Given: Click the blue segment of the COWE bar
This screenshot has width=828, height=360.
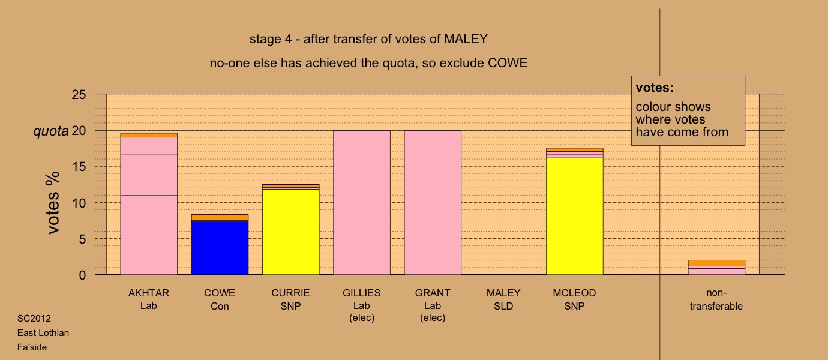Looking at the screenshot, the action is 220,248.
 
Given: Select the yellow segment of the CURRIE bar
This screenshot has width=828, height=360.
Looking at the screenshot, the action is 291,232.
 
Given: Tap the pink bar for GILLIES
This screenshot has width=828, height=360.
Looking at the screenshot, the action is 362,203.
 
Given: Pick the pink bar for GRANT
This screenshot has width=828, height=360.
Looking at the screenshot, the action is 433,203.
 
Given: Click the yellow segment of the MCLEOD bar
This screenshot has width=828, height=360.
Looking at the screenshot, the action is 575,216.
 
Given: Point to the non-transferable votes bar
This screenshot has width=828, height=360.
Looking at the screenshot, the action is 716,267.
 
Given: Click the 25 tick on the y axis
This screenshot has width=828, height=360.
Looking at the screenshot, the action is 79,95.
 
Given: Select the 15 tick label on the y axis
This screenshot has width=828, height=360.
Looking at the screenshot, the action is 79,167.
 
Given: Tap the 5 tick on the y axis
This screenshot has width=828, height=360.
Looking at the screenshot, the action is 82,239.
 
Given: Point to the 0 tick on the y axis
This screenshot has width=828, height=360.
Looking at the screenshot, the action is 82,275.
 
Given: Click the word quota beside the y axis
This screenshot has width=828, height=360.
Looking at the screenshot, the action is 51,131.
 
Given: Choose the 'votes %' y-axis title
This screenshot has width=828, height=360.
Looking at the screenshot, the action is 53,203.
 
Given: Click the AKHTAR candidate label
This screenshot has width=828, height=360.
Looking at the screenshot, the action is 149,293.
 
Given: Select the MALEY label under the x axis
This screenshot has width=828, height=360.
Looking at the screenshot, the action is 503,293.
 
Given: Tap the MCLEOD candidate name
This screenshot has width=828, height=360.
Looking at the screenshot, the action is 574,293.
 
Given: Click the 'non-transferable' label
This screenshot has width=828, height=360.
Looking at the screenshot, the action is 716,299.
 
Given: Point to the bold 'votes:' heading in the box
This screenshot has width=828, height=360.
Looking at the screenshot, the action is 655,88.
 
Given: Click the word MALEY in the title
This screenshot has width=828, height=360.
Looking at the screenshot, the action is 466,39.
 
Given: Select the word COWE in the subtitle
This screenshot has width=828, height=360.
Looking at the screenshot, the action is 508,63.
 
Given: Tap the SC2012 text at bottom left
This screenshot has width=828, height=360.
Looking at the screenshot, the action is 34,319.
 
